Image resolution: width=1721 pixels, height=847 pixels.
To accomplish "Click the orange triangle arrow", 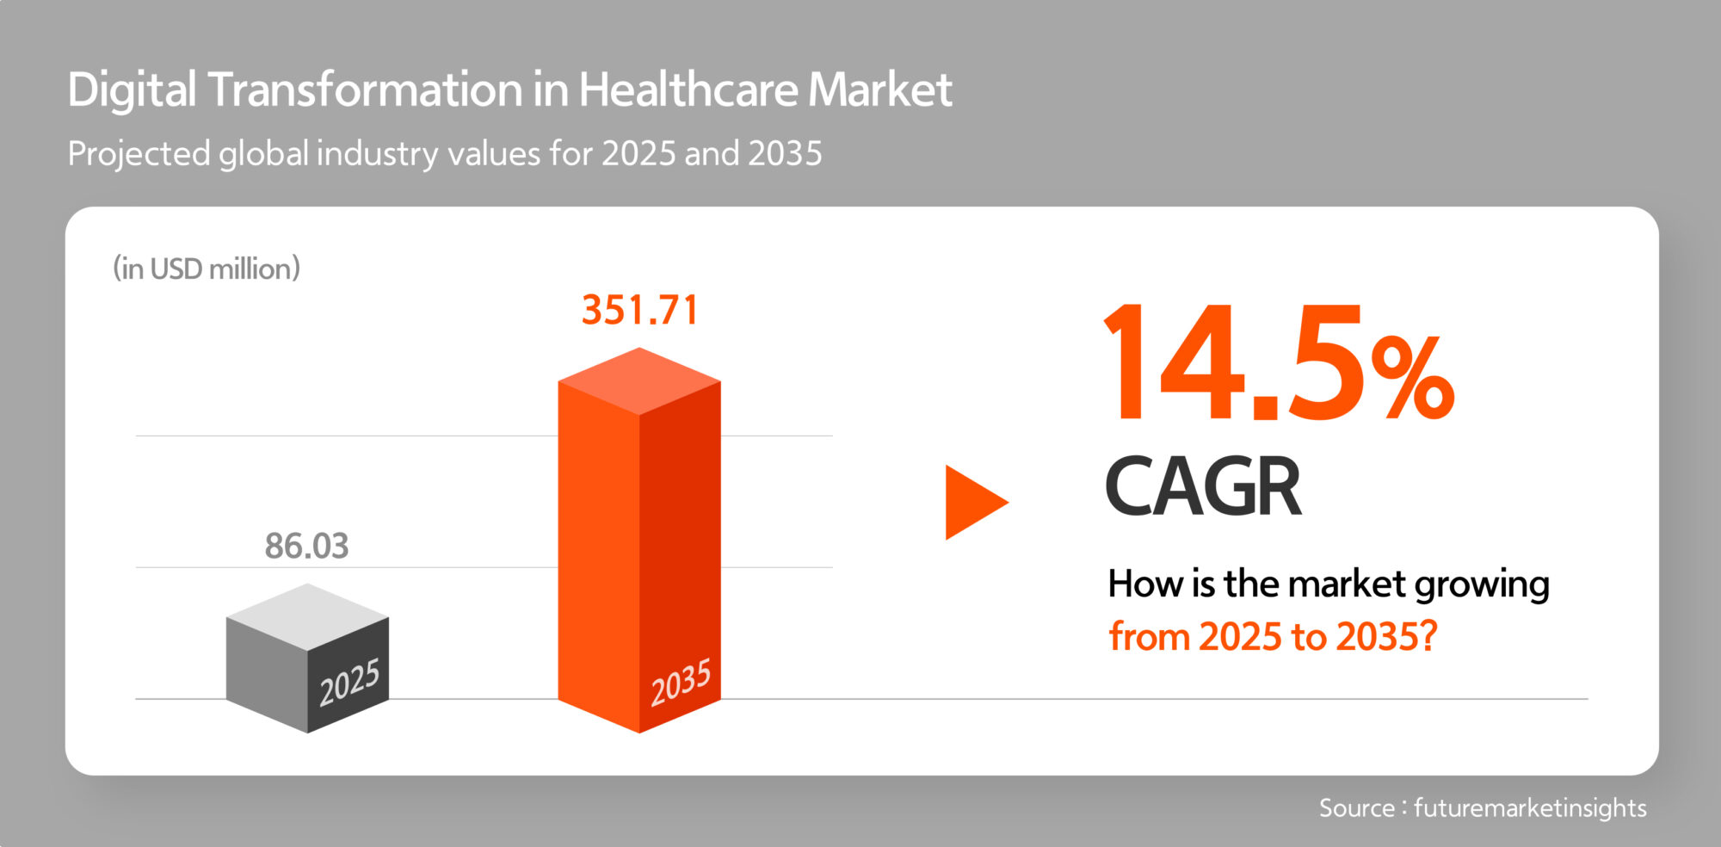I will [x=972, y=503].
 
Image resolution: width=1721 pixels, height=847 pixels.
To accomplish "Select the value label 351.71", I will [x=639, y=311].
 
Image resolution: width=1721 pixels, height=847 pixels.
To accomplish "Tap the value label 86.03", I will [x=306, y=546].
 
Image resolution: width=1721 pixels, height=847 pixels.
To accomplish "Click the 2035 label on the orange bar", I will [x=681, y=683].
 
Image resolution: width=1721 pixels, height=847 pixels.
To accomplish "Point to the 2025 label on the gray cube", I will [x=349, y=683].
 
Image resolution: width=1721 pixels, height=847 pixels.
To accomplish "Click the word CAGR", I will [x=1202, y=487].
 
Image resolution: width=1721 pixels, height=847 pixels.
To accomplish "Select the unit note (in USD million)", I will [x=207, y=269].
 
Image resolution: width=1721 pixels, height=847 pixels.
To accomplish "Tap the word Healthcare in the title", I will [x=688, y=90].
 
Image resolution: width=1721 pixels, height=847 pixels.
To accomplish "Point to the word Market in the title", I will [x=879, y=90].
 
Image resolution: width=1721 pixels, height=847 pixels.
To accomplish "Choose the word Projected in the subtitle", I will [x=139, y=154].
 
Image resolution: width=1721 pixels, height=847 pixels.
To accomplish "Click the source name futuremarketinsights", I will [x=1529, y=807].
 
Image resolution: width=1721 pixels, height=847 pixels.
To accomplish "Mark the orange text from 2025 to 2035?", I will [x=1273, y=637].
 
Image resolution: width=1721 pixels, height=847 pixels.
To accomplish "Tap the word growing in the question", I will [x=1482, y=585].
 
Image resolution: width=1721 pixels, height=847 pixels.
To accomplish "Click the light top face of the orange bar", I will [x=639, y=380].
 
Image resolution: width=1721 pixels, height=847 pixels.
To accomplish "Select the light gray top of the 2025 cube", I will [x=307, y=616].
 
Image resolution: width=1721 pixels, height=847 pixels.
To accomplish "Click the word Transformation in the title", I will [x=365, y=90].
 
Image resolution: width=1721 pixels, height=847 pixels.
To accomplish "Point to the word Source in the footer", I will [x=1356, y=807].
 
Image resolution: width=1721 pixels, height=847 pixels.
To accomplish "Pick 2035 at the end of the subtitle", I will [x=785, y=154].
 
